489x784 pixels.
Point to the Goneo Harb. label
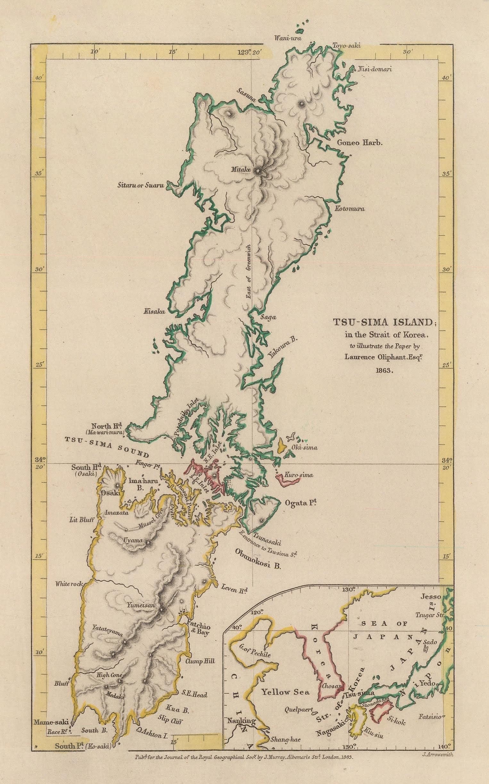point(360,143)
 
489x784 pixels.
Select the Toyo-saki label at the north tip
point(346,46)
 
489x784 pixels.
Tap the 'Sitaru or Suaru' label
point(141,185)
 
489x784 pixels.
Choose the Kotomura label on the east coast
point(350,209)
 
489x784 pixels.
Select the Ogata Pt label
point(300,503)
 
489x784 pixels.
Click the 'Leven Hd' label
point(235,590)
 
